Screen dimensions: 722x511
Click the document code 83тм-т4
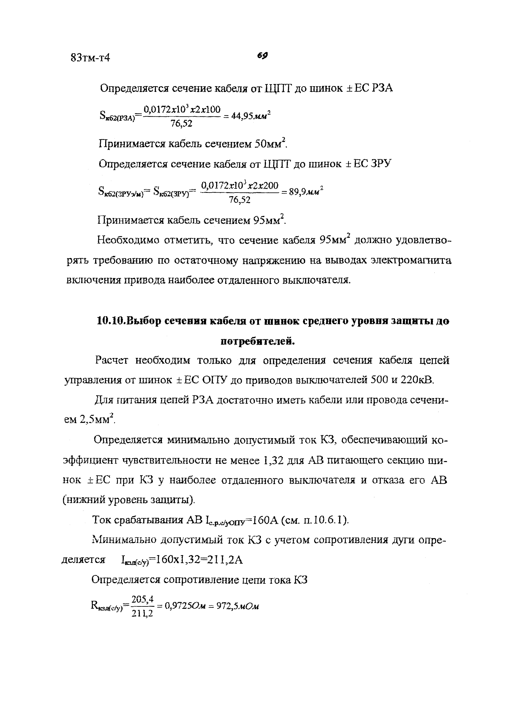tap(90, 58)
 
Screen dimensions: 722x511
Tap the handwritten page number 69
tap(262, 56)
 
